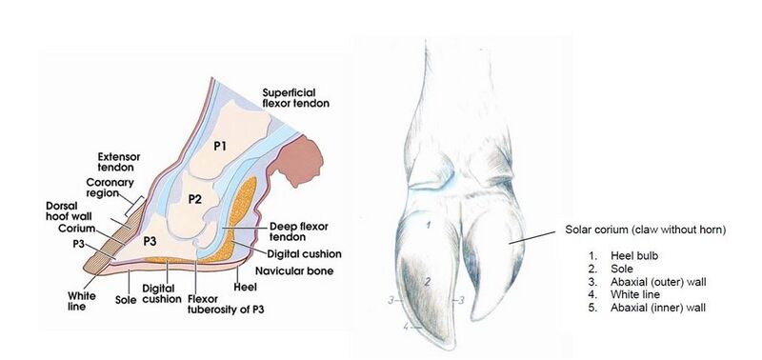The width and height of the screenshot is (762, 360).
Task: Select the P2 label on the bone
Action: [x=194, y=199]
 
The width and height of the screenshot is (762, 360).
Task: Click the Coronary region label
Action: [x=110, y=190]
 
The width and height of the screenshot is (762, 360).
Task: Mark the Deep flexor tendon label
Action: [x=268, y=233]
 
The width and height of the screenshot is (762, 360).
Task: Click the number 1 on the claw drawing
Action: [x=430, y=226]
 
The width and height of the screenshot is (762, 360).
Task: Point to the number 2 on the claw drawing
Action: [x=430, y=281]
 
